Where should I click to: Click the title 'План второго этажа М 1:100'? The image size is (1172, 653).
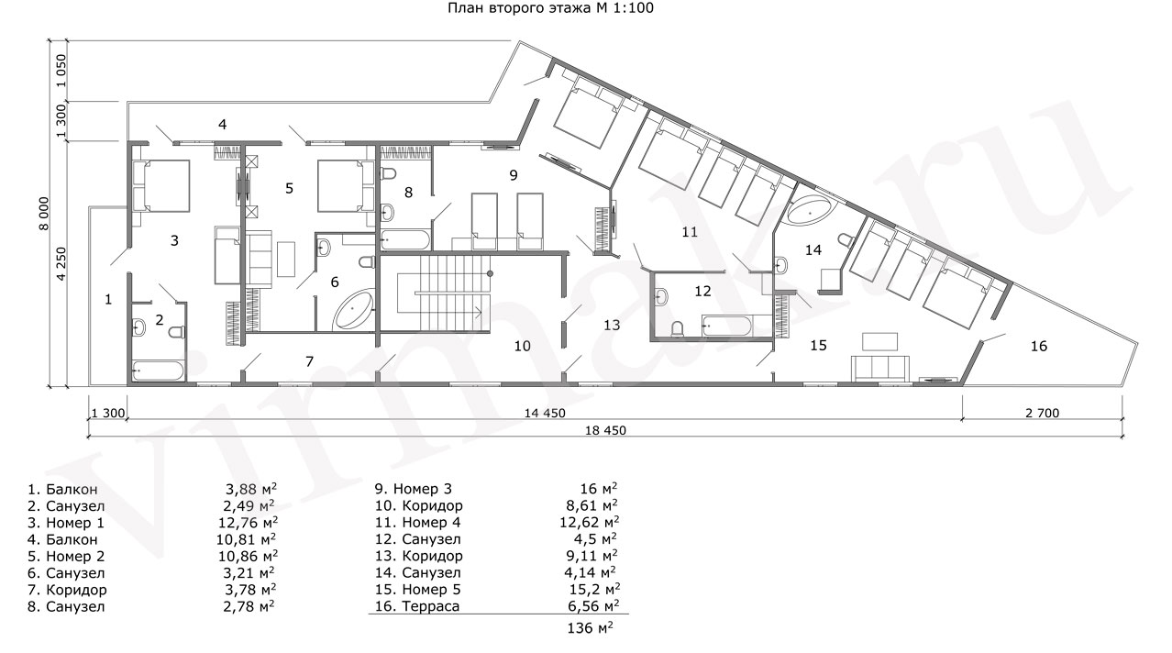pos(550,8)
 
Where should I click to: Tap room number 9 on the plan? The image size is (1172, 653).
pos(514,175)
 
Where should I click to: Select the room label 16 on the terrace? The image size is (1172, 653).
pos(1039,346)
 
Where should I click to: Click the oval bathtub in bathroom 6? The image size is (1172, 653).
pos(354,310)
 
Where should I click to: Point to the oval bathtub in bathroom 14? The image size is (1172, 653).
pos(811,210)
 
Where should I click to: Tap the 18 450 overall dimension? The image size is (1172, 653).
pos(605,431)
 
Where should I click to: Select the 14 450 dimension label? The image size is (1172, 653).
pos(545,414)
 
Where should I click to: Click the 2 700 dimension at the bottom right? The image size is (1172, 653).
pos(1043,414)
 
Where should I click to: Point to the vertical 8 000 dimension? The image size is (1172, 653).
pos(44,213)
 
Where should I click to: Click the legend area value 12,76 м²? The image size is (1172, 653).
pos(248,522)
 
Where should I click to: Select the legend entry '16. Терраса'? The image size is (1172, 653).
pos(417,606)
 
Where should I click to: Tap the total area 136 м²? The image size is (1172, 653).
pos(591,627)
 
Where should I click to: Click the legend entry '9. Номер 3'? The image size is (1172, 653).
pos(414,489)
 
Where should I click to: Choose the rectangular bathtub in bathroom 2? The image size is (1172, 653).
pos(158,371)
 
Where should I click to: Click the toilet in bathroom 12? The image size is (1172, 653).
pos(678,328)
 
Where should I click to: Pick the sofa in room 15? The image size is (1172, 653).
pos(880,368)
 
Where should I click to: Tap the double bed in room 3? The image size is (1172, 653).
pos(161,186)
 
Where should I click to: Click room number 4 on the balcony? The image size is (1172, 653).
pos(222,125)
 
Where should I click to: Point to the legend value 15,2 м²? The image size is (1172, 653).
pos(595,590)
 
